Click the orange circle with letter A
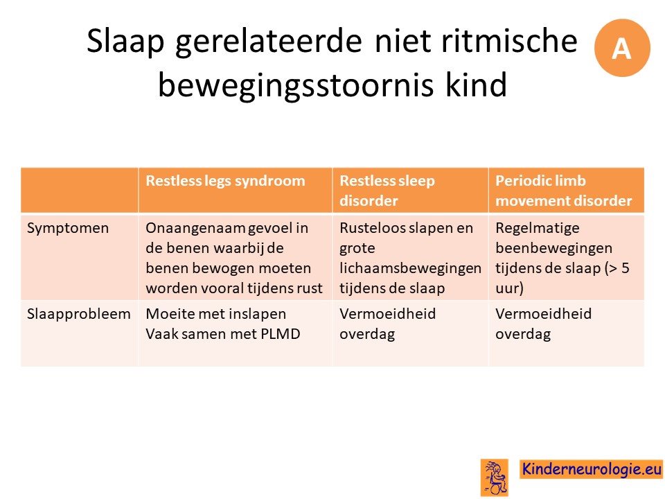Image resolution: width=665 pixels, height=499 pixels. (622, 48)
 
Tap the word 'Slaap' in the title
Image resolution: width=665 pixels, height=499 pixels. (125, 42)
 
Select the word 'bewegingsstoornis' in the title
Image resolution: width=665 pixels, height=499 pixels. (296, 84)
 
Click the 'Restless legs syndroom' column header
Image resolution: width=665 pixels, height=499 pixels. (225, 181)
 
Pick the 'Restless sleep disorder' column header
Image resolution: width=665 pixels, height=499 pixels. (387, 191)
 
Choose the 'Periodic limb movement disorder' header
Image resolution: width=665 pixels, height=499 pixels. (564, 191)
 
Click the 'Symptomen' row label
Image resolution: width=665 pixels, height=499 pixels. (68, 228)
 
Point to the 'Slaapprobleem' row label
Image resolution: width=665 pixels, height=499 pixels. (79, 314)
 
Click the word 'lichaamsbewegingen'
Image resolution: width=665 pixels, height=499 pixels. (411, 269)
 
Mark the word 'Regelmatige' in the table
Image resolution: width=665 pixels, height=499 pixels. (538, 228)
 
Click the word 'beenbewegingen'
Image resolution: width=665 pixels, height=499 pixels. (554, 248)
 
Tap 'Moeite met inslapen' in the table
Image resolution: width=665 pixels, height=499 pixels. (216, 314)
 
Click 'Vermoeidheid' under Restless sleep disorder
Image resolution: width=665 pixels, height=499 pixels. (388, 313)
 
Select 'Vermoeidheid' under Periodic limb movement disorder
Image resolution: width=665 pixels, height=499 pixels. (543, 313)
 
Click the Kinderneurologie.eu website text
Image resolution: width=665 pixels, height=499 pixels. (592, 469)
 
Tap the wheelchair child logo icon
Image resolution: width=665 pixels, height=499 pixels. (495, 478)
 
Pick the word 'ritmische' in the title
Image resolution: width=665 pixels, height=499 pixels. (509, 42)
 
